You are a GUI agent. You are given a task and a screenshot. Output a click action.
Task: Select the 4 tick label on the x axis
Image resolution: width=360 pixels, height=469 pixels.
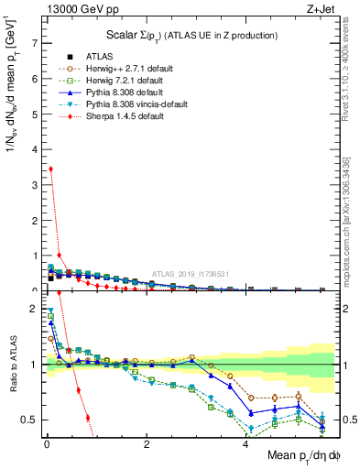[245, 443]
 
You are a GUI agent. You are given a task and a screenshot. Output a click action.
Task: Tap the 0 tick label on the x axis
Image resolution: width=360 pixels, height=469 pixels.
[46, 443]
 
